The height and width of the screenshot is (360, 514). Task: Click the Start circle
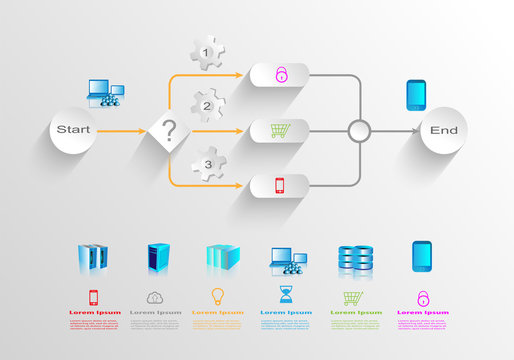(74, 130)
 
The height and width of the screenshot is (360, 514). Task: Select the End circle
(443, 131)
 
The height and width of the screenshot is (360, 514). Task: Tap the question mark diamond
(170, 131)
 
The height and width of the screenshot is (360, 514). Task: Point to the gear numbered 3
(207, 162)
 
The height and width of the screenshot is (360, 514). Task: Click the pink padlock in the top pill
(282, 74)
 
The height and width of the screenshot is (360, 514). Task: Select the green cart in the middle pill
(282, 130)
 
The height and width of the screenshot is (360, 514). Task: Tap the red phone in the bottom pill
(282, 186)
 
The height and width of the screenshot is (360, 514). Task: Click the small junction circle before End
(360, 131)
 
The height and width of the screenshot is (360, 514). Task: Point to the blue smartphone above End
(418, 95)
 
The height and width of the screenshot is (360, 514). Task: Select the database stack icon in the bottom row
(355, 259)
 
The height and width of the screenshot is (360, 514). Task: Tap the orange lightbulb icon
(217, 296)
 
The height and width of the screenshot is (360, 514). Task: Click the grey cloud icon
(155, 297)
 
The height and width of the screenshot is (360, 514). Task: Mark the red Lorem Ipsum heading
(95, 312)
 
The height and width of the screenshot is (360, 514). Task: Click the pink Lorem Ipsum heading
(420, 312)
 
